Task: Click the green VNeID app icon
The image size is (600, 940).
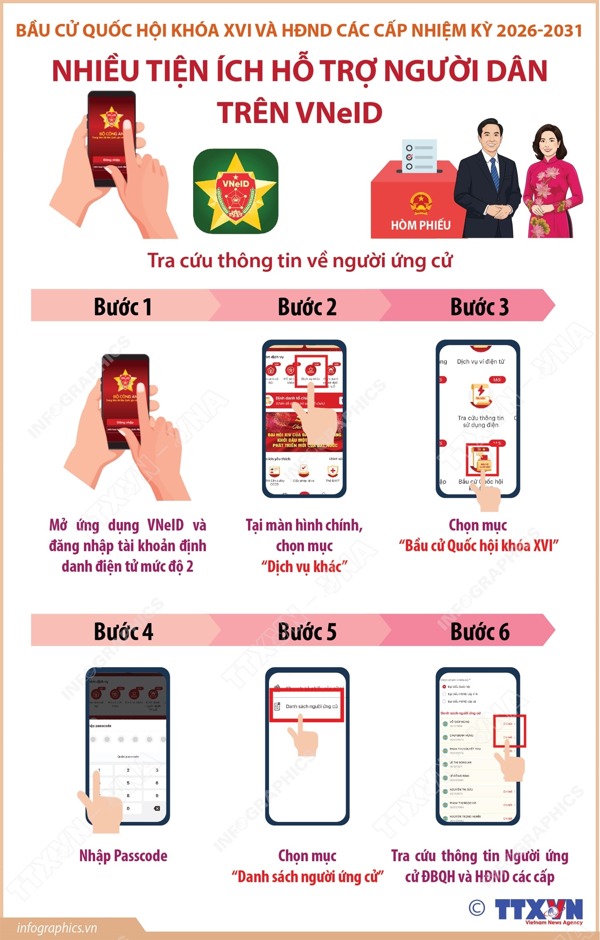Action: tap(236, 191)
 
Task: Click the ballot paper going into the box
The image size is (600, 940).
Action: tap(419, 156)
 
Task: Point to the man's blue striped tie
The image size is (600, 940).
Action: tap(494, 175)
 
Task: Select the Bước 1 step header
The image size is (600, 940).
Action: tap(122, 307)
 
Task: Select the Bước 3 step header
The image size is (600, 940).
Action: tap(479, 307)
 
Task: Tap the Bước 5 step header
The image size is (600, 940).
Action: tap(307, 632)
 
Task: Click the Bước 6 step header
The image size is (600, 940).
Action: tap(480, 632)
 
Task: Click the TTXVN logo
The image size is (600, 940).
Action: tap(538, 910)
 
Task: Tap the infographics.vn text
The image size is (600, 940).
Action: tap(57, 928)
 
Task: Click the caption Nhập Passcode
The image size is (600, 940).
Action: tap(123, 856)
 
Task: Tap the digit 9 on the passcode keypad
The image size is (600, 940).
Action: tap(157, 795)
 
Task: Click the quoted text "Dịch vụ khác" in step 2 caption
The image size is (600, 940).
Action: tap(304, 566)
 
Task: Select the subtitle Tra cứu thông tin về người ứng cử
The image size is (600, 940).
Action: tap(300, 261)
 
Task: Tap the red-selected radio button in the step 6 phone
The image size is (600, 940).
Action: tap(444, 687)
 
